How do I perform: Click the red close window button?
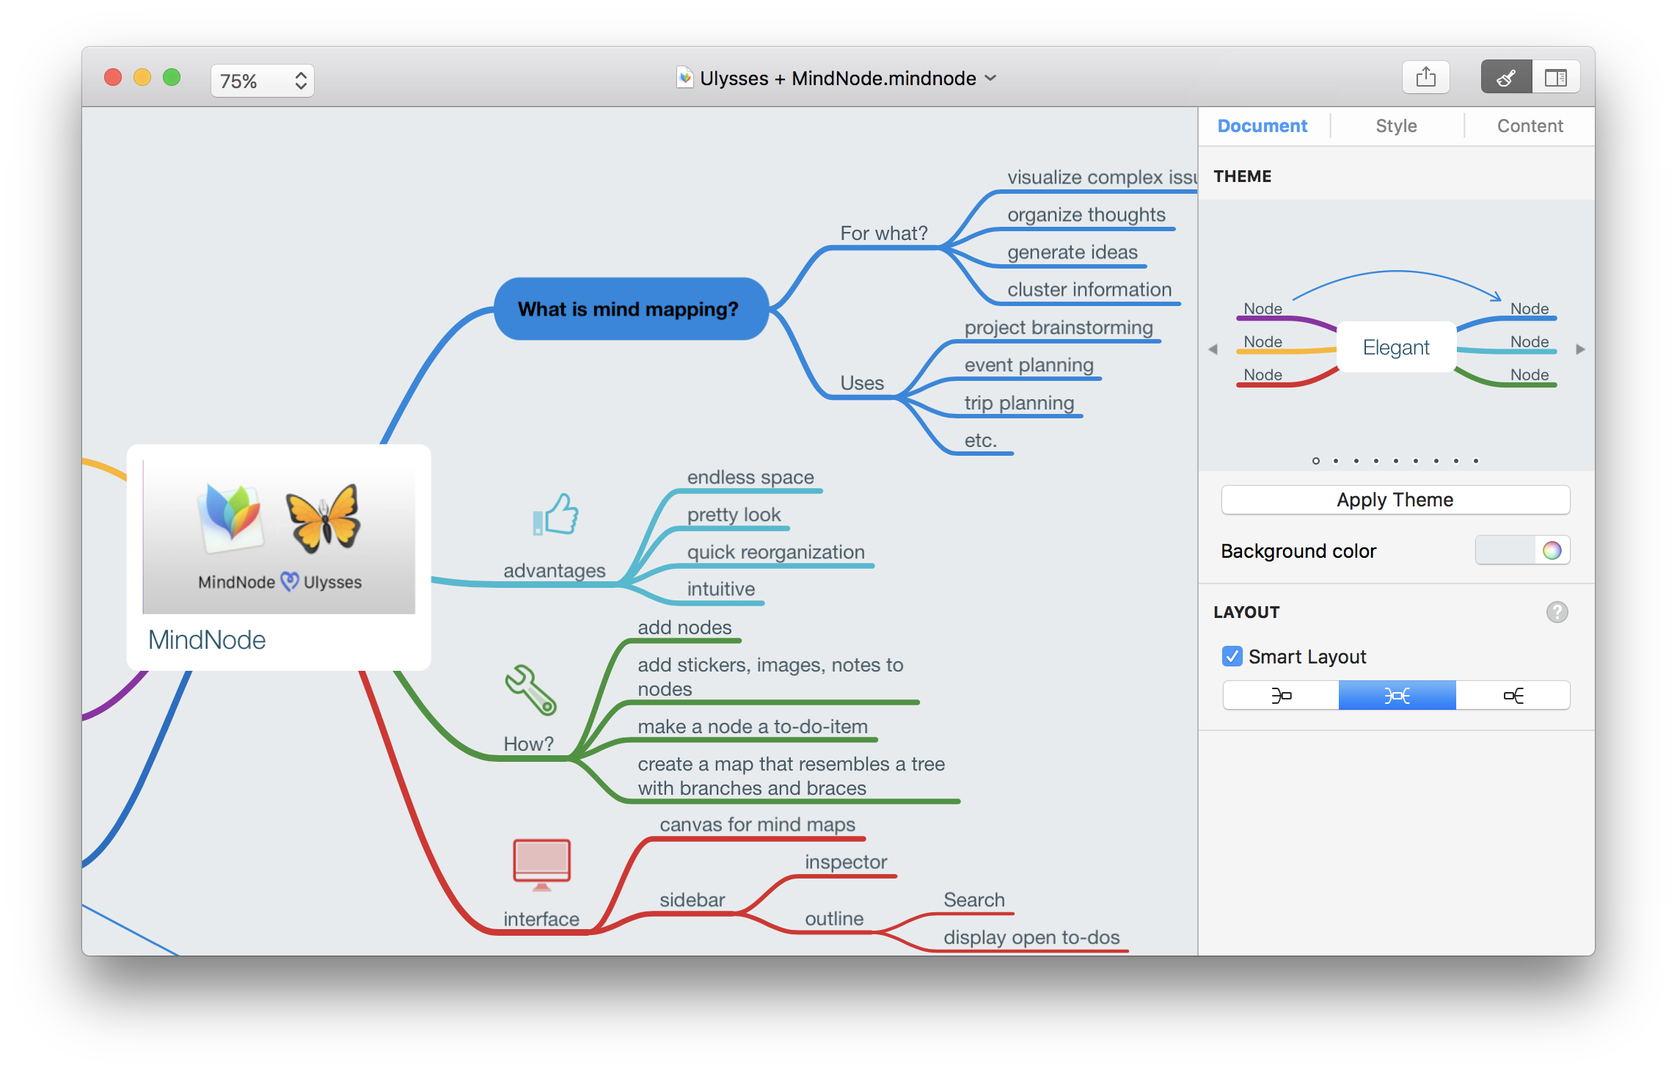point(113,78)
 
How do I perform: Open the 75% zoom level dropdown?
point(263,81)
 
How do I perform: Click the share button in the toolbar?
point(1425,77)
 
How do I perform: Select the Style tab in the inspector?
point(1396,126)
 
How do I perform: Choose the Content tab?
point(1530,126)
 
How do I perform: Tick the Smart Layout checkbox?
point(1232,656)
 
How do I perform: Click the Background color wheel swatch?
point(1552,550)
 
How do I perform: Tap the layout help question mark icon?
point(1557,612)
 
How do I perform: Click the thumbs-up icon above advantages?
point(556,514)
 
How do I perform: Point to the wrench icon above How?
point(530,690)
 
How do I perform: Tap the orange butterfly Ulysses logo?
point(324,518)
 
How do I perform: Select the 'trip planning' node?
point(1019,403)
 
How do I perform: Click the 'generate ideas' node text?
point(1073,252)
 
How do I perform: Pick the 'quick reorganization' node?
point(776,552)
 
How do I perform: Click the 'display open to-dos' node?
point(1031,937)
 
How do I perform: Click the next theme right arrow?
point(1581,349)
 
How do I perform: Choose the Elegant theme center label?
point(1396,347)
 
